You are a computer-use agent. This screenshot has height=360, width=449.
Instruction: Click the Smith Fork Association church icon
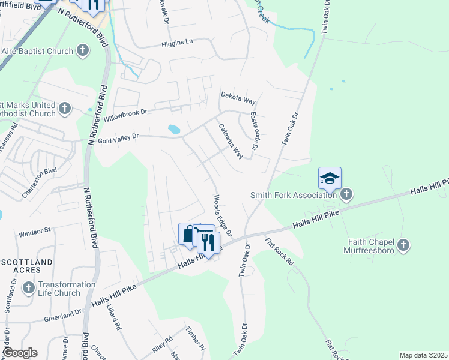[x=346, y=194]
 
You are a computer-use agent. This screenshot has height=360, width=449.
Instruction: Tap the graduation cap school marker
[x=330, y=178]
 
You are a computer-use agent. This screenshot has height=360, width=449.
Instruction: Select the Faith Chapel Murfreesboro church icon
[x=403, y=245]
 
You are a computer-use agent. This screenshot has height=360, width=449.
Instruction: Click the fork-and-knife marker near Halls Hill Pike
[x=208, y=241]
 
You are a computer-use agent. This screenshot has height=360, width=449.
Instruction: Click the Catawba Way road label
[x=231, y=142]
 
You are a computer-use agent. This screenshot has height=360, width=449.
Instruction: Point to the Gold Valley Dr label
[x=118, y=137]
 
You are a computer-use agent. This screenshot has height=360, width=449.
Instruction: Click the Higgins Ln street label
[x=177, y=43]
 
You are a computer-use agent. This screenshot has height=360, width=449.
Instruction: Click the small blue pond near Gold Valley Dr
[x=174, y=129]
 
